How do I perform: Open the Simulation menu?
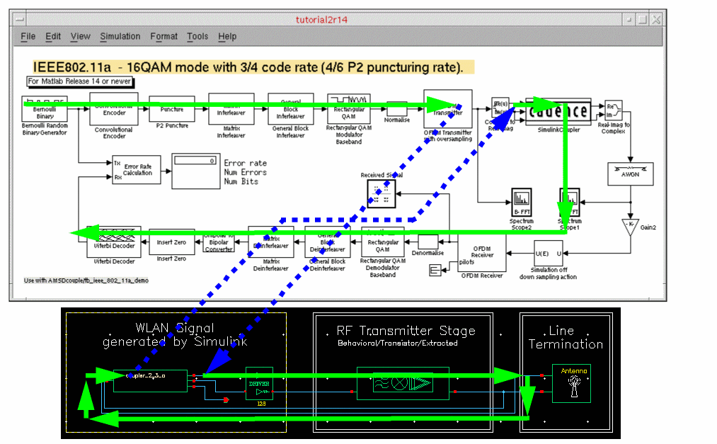tap(120, 36)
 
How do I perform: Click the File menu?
tap(28, 36)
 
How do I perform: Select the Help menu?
tap(227, 36)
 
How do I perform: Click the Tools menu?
tap(197, 36)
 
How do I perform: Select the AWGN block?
tap(630, 173)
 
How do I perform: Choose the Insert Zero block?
tap(171, 242)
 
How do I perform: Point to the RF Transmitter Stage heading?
tap(406, 331)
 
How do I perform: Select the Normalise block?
tap(396, 109)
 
